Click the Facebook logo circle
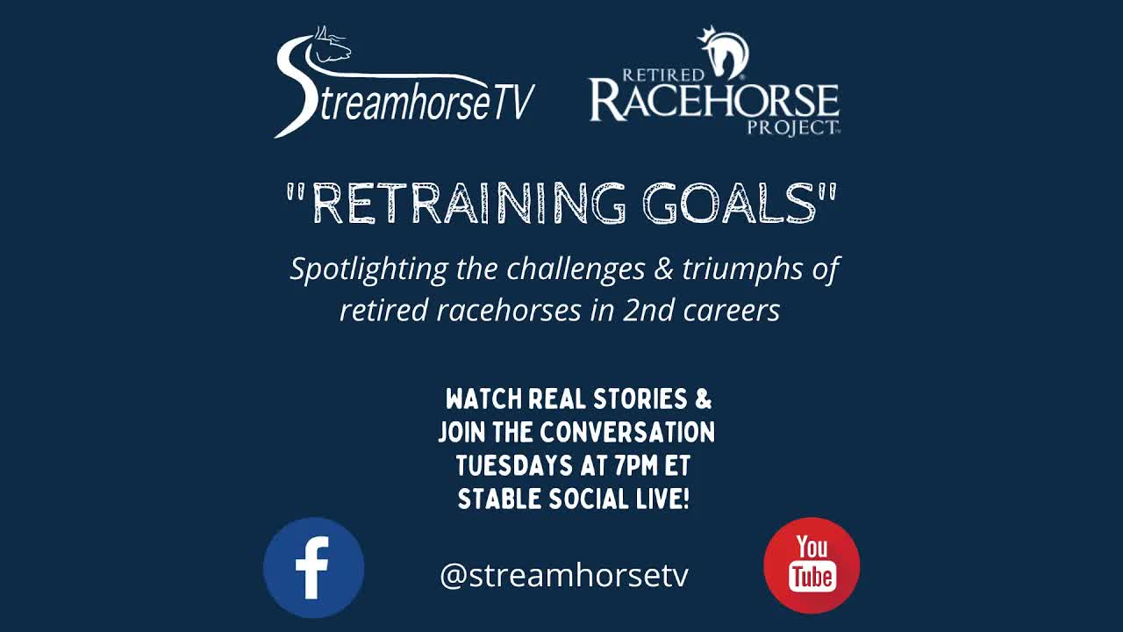coord(313,567)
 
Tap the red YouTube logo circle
coord(812,565)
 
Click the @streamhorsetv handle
coord(564,576)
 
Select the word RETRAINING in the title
coord(469,204)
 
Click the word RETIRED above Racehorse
coord(663,75)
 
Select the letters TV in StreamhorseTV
coord(512,104)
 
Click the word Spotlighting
coord(369,269)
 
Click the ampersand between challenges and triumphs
coord(663,269)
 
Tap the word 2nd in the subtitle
coord(645,311)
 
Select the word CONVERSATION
coord(627,433)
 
